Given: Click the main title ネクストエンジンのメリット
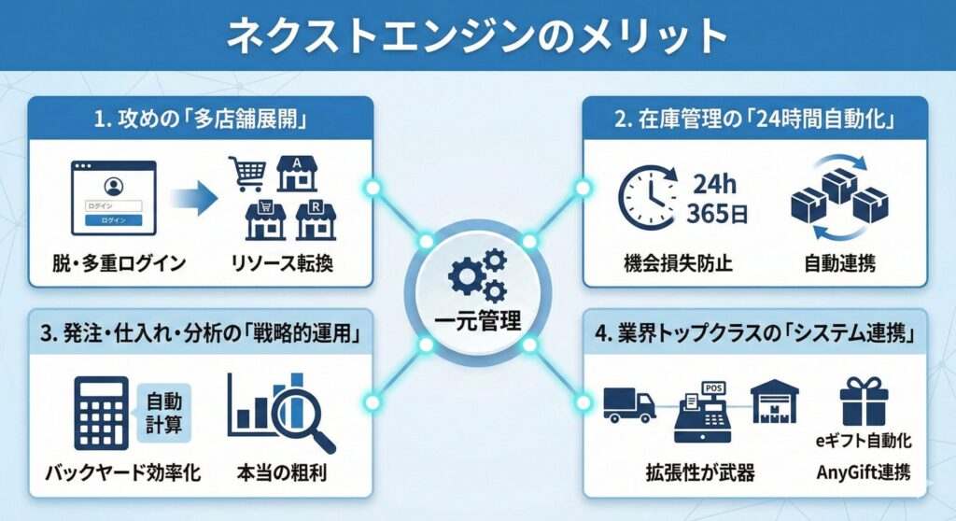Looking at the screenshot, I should click(x=478, y=35).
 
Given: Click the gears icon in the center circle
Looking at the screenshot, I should click(x=477, y=276).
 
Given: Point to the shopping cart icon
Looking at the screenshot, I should click(x=246, y=174).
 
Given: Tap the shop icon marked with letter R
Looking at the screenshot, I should click(x=315, y=221).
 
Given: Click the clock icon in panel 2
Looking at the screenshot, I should click(x=648, y=198).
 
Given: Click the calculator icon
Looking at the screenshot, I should click(x=100, y=412).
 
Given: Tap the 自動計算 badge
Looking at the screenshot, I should click(x=163, y=412).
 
